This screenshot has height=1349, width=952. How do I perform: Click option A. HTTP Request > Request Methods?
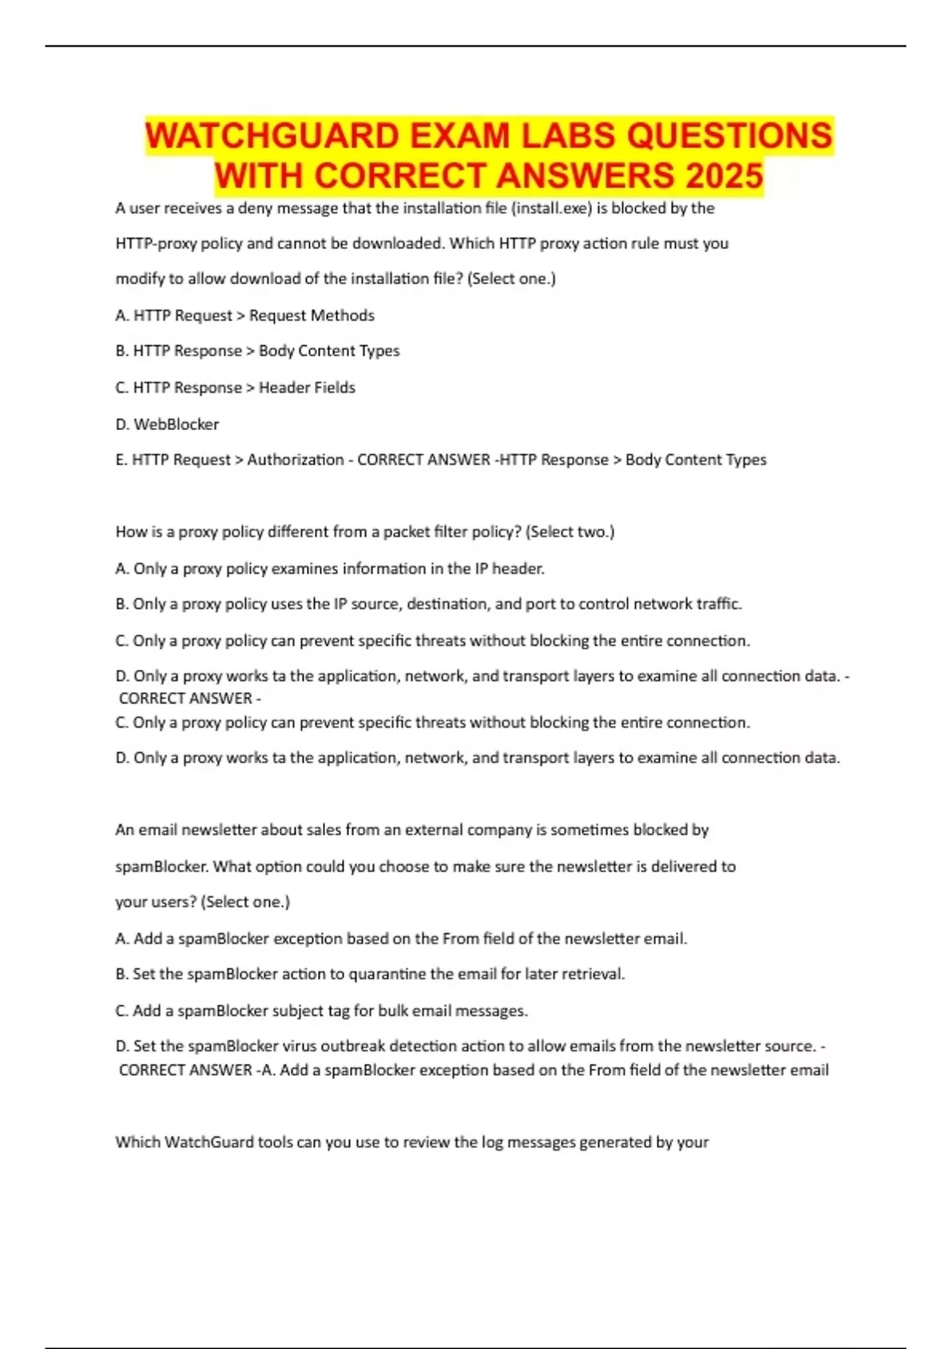click(x=244, y=316)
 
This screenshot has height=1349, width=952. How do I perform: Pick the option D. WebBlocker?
click(x=167, y=425)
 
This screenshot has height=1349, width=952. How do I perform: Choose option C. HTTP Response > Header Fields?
click(x=235, y=388)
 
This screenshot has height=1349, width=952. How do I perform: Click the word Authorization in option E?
click(x=295, y=460)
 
